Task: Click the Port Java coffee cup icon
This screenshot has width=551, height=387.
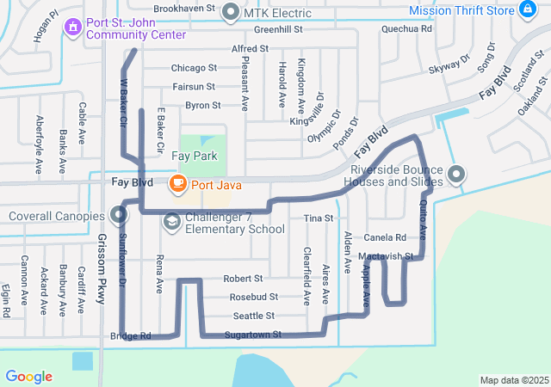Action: tap(177, 182)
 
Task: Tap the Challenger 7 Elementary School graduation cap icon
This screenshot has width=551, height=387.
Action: tap(172, 222)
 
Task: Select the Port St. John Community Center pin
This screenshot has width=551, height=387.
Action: tap(74, 28)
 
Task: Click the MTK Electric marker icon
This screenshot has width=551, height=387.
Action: tap(231, 12)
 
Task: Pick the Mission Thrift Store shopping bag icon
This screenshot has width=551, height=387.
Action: tap(529, 9)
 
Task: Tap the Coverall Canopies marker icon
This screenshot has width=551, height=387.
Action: tap(119, 215)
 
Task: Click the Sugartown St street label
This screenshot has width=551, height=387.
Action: tap(253, 335)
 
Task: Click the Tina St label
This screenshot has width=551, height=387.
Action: tap(319, 218)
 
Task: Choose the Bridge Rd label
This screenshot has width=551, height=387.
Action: tap(131, 336)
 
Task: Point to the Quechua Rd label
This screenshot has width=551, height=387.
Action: tap(407, 28)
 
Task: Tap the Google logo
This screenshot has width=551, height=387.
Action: tap(28, 377)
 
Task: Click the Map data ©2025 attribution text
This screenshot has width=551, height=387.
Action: tap(514, 380)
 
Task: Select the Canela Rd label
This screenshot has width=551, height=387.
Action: tap(385, 237)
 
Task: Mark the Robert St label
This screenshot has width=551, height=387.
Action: tap(243, 279)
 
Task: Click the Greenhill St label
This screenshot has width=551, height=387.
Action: tap(280, 29)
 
